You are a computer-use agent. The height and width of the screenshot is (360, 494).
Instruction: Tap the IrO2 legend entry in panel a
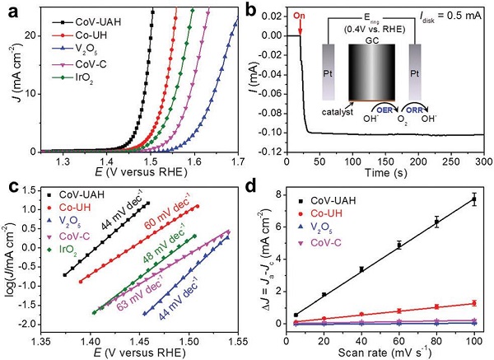pos(68,77)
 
